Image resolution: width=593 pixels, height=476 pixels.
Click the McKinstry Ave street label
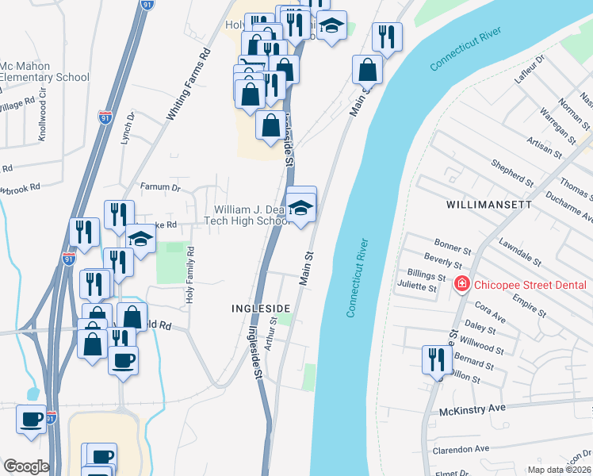click(473, 411)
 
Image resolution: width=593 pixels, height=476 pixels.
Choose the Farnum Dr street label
click(161, 188)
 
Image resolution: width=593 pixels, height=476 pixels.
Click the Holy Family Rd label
click(190, 274)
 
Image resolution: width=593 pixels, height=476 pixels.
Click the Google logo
click(26, 466)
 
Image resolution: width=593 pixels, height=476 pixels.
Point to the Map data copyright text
click(560, 470)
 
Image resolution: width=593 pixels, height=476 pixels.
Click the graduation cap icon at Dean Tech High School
click(300, 208)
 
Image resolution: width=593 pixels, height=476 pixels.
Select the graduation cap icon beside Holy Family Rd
click(140, 239)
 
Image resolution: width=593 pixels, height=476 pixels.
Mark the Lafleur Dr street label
click(530, 70)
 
